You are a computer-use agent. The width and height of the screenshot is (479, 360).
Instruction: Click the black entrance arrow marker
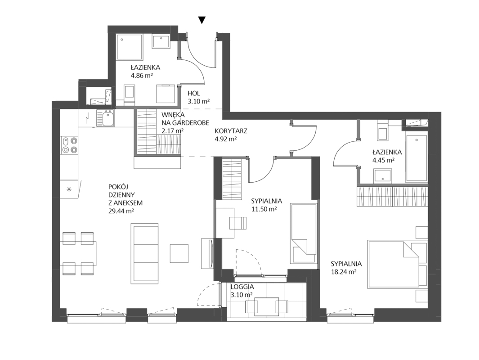tap(201, 20)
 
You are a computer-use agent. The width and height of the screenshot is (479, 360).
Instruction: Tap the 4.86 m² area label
tap(142, 75)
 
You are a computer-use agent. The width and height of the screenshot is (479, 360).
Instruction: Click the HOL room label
tap(194, 93)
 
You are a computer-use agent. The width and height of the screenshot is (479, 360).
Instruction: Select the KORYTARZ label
tap(231, 131)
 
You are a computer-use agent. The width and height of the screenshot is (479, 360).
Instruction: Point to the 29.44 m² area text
tap(121, 211)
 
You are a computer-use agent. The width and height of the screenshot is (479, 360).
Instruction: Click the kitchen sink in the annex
tap(106, 118)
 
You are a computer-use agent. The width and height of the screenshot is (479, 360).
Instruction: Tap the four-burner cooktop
tap(70, 145)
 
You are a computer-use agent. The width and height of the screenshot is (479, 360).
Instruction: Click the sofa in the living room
tap(144, 253)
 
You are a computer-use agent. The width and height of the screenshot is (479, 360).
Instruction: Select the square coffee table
tap(179, 253)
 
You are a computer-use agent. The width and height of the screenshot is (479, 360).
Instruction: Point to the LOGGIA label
tap(242, 287)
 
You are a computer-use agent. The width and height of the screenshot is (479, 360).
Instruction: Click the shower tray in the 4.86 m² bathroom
tap(130, 47)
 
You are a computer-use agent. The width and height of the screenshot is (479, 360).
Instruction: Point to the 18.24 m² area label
tap(344, 272)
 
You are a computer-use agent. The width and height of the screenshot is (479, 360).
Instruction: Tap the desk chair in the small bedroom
tap(238, 223)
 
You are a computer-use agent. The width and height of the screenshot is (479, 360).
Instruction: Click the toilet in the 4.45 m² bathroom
tap(382, 131)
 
